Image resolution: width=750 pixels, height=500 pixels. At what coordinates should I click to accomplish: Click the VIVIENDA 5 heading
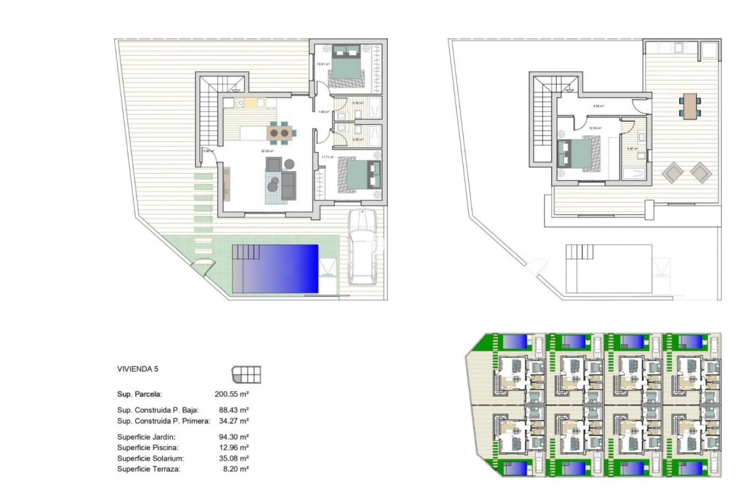click(x=137, y=369)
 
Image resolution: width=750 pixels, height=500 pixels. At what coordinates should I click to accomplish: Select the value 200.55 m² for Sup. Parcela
click(x=232, y=394)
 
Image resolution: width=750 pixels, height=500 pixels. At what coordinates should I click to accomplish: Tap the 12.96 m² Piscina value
click(x=234, y=447)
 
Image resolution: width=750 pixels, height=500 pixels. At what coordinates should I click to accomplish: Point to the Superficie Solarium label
click(x=150, y=458)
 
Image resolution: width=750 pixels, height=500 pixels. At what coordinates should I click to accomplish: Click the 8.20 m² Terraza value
click(x=236, y=469)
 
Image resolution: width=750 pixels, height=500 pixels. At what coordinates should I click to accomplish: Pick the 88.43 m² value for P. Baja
click(x=234, y=410)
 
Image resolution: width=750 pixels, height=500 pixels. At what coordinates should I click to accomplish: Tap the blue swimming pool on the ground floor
click(x=275, y=269)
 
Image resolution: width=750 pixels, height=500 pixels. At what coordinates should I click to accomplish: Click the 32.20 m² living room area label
click(x=268, y=151)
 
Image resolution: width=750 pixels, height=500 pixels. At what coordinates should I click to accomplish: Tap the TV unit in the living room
click(x=227, y=184)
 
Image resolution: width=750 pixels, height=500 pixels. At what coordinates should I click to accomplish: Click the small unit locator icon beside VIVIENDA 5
click(x=246, y=375)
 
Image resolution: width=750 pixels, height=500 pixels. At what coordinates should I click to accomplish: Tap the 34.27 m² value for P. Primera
click(x=234, y=421)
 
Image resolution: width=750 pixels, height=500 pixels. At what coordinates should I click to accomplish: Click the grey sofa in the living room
click(x=288, y=186)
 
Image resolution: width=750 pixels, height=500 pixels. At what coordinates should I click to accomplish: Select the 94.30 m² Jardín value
click(x=234, y=437)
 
